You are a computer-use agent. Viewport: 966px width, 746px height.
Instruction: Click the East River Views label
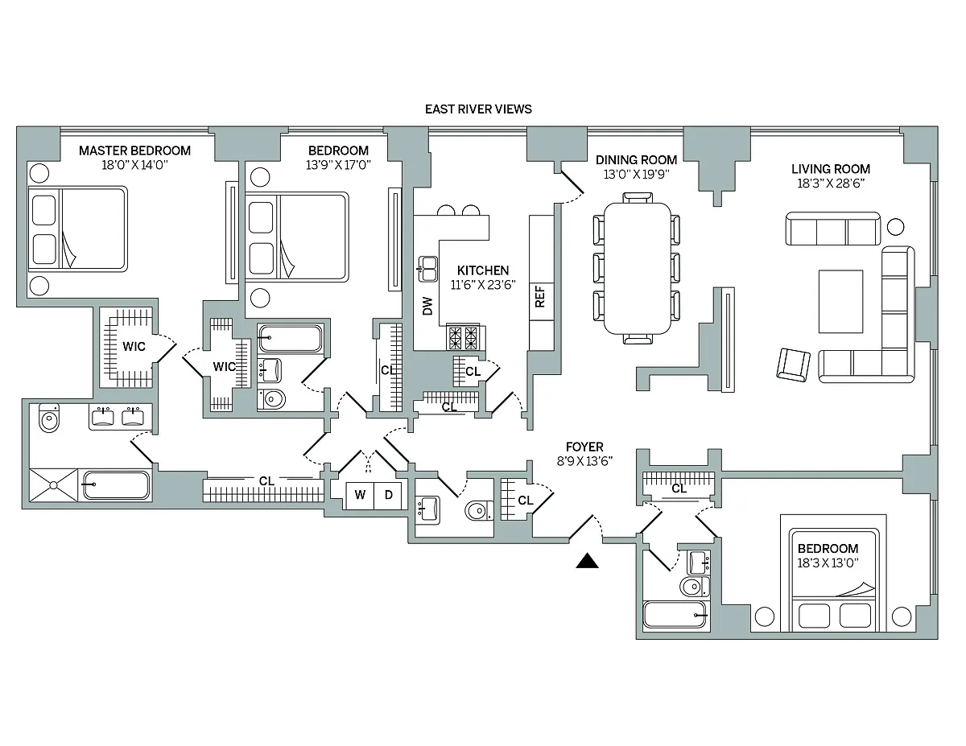pos(478,109)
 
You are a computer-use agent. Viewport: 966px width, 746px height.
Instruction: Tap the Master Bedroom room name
pos(134,150)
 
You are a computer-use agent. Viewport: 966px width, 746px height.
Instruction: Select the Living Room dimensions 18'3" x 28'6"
pos(831,183)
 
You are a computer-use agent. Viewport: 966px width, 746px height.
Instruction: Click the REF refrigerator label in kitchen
pos(540,296)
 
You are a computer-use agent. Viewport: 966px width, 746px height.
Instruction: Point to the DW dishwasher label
pos(427,306)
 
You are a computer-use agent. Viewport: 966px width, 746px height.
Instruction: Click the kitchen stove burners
pos(463,338)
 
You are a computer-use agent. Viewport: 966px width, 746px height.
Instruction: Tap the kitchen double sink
pos(428,269)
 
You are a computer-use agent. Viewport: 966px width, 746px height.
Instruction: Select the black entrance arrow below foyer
pos(587,560)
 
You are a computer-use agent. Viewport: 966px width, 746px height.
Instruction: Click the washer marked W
pos(360,495)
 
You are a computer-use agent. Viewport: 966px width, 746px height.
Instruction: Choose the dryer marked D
pos(388,495)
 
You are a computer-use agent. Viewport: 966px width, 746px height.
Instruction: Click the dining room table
pos(638,268)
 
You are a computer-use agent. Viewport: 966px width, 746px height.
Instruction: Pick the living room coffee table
pos(840,301)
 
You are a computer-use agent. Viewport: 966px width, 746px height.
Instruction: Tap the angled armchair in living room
pos(794,365)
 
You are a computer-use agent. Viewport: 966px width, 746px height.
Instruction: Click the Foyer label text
pos(584,447)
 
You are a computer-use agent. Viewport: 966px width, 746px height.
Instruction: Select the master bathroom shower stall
pos(53,484)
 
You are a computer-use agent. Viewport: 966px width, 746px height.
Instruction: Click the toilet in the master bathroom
pos(49,418)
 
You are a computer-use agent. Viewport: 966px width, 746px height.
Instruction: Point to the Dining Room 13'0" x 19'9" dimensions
pos(636,174)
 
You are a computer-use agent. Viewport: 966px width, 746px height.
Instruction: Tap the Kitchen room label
pos(483,270)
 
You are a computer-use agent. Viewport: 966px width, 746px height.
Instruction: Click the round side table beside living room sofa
pos(895,227)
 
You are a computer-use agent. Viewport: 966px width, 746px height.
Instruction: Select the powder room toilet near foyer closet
pos(479,510)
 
